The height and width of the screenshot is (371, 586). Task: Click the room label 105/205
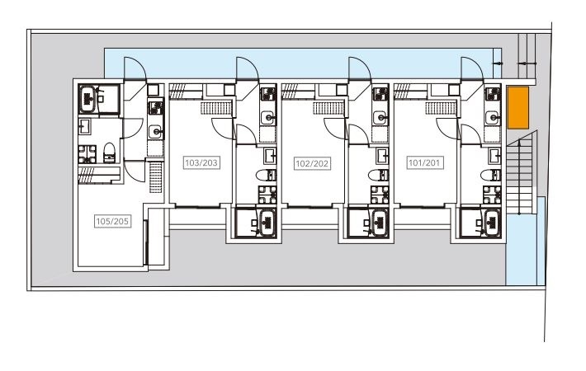(x=112, y=221)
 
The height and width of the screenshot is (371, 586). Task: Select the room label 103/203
(x=201, y=162)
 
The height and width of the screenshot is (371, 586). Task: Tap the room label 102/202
(x=312, y=163)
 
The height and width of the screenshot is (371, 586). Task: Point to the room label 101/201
(x=424, y=162)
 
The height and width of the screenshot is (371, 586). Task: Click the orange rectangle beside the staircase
(x=517, y=107)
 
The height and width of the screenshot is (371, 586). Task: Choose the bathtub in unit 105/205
(x=88, y=99)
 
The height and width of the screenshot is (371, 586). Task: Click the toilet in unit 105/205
(x=109, y=153)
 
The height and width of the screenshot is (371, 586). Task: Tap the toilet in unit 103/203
(x=266, y=175)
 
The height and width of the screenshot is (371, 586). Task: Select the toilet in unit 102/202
(x=378, y=175)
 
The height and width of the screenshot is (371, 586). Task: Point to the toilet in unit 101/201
(x=491, y=175)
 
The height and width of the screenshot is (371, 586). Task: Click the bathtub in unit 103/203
(x=267, y=223)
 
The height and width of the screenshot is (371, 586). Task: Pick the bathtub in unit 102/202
(x=379, y=223)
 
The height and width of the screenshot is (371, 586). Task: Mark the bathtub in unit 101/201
(x=491, y=223)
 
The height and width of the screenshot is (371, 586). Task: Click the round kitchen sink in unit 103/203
(x=268, y=118)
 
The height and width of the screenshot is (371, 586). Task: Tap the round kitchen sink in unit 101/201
(x=493, y=118)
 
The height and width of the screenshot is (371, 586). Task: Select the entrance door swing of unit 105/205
(x=135, y=68)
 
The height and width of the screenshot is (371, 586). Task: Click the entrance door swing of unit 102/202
(x=360, y=68)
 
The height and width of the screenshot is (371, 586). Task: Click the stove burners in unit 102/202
(x=380, y=94)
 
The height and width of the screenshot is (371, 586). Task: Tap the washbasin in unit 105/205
(x=83, y=126)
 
